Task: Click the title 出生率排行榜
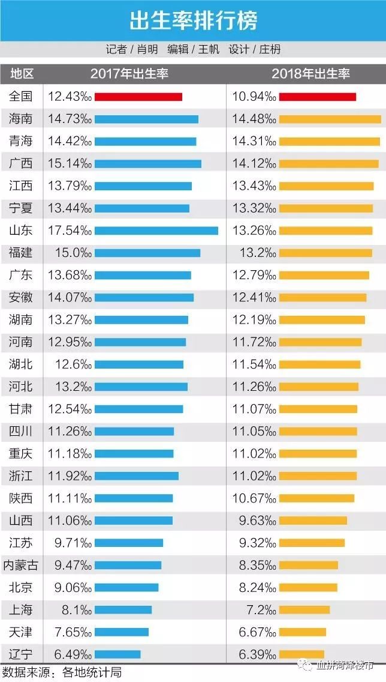193,20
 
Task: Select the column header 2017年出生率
129,73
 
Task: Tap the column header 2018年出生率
311,73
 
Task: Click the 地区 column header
22,73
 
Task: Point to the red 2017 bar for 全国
138,97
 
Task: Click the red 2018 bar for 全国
318,97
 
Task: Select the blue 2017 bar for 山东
156,231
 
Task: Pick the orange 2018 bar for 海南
330,119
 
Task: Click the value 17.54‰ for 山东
70,231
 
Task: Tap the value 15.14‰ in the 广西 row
70,163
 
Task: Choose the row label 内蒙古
21,565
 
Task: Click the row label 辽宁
21,654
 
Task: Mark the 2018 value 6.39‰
258,654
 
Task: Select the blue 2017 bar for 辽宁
117,654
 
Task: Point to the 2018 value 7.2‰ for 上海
261,610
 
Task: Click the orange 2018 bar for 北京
308,588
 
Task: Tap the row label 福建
21,253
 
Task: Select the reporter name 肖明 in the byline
147,50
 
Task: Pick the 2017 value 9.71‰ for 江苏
73,543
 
